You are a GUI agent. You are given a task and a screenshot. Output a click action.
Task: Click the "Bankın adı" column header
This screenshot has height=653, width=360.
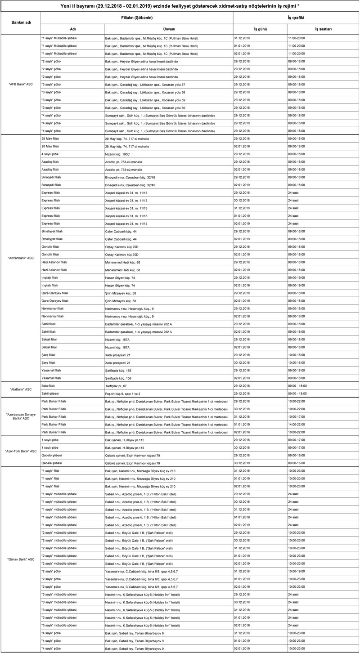20,22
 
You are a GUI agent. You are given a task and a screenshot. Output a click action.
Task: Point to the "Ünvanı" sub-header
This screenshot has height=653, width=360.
168,29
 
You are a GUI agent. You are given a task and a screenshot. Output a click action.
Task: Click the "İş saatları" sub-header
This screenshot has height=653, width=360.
323,29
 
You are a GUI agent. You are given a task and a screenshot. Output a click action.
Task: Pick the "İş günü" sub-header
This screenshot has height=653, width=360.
260,29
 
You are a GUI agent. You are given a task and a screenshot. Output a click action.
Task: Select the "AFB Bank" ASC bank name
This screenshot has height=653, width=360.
20,85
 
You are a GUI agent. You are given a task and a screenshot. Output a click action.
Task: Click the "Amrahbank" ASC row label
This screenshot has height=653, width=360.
20,258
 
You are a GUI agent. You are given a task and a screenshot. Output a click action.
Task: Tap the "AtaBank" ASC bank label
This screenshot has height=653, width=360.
20,389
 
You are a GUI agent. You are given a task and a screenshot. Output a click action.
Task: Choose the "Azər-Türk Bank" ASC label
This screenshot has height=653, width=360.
20,451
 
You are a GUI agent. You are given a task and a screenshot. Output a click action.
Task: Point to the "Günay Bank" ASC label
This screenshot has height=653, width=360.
20,559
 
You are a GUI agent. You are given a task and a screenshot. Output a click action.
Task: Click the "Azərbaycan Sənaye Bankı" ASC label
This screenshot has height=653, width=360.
20,416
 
